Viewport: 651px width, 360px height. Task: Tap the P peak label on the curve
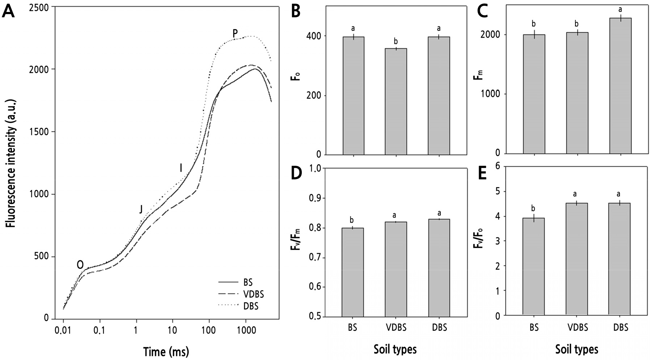click(x=235, y=34)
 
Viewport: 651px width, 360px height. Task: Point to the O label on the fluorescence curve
click(x=80, y=265)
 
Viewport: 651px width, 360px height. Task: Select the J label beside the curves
click(x=141, y=209)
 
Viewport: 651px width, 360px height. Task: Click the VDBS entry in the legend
click(x=251, y=294)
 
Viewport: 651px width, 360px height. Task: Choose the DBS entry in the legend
click(x=251, y=306)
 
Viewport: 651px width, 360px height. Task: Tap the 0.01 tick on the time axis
click(x=63, y=331)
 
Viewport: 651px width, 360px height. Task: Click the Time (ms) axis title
click(x=166, y=351)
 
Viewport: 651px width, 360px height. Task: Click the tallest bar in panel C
click(x=620, y=86)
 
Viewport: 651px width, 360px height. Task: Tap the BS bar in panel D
click(x=353, y=272)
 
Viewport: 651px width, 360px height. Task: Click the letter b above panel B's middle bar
click(x=396, y=42)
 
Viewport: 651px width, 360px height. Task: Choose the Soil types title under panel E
click(x=576, y=350)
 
